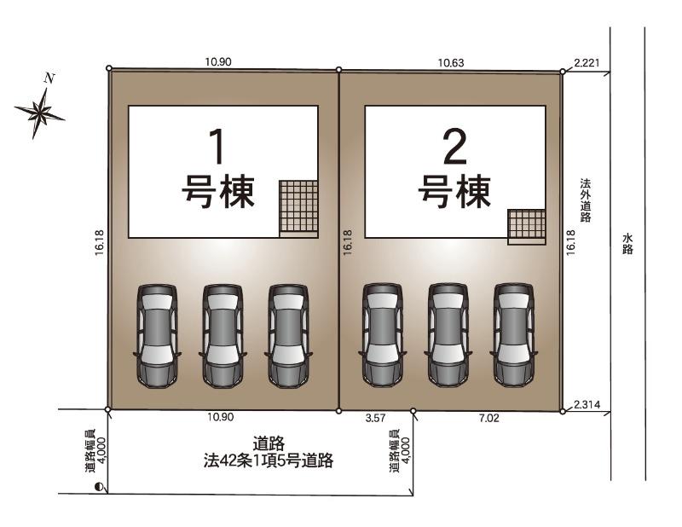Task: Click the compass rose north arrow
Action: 40,111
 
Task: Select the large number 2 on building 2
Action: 455,148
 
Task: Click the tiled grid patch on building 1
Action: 298,206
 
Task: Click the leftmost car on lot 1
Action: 157,335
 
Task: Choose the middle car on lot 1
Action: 223,335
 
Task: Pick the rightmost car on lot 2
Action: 514,335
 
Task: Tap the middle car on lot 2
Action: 448,335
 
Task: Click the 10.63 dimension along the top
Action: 451,62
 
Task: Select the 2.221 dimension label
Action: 587,62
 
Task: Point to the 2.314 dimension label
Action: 587,405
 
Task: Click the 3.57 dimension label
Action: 375,418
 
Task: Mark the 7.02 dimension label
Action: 488,418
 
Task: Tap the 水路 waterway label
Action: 627,244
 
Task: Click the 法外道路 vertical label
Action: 586,200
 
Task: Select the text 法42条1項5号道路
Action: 269,460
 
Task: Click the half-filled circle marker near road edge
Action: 99,487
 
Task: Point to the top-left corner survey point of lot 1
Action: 109,68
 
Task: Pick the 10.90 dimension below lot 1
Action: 220,417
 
